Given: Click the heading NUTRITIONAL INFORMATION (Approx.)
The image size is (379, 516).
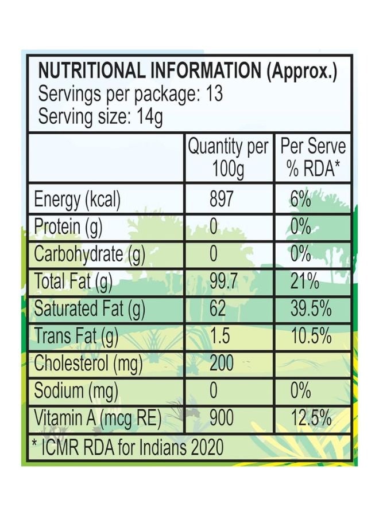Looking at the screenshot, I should (x=187, y=71).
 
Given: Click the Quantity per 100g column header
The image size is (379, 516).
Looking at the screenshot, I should (x=228, y=158).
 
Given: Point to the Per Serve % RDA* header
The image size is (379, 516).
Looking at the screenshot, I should (x=312, y=158).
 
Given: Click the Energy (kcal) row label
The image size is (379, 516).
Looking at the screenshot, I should (x=78, y=200).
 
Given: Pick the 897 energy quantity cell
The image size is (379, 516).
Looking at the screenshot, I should (x=222, y=200).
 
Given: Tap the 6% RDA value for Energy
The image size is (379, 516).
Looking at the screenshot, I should (x=301, y=200).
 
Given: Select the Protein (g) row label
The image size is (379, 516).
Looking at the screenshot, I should (x=68, y=227).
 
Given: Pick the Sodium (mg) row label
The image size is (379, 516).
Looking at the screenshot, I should (x=76, y=391).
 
